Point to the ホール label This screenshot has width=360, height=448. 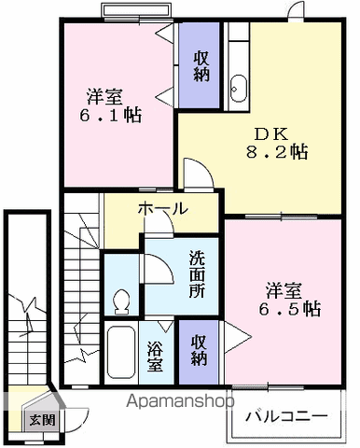(164, 208)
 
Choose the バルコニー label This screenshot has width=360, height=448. (286, 415)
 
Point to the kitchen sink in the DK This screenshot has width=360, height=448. (237, 84)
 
